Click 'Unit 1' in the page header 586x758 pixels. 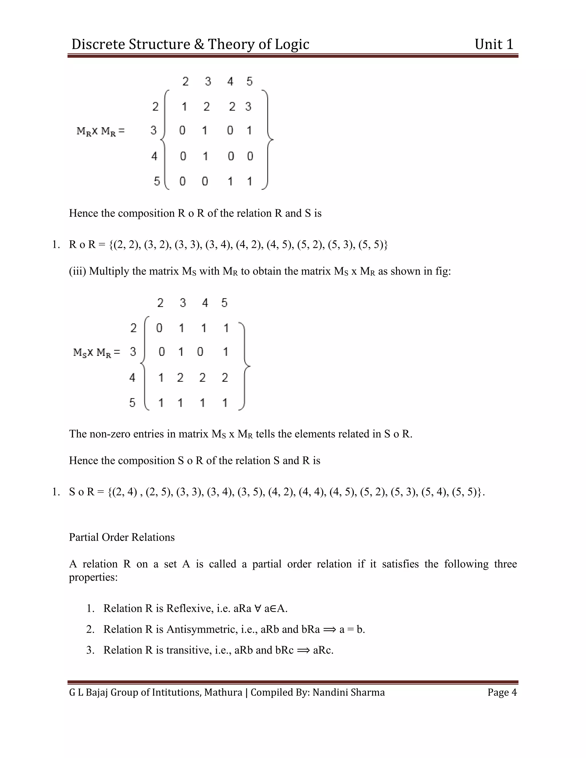pyautogui.click(x=494, y=44)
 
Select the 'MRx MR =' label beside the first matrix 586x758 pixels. pyautogui.click(x=100, y=131)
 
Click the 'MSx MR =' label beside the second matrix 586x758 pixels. pyautogui.click(x=96, y=352)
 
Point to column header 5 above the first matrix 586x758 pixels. pyautogui.click(x=249, y=82)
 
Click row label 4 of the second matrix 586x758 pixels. pyautogui.click(x=132, y=377)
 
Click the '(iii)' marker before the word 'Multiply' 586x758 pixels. pyautogui.click(x=78, y=271)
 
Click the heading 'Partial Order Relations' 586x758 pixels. pyautogui.click(x=122, y=537)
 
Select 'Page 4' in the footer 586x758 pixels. pyautogui.click(x=502, y=692)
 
